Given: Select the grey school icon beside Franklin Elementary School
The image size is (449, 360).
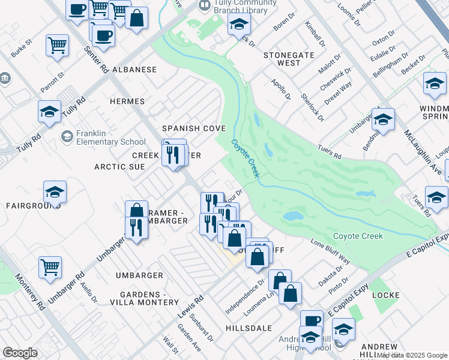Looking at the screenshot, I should (x=67, y=137).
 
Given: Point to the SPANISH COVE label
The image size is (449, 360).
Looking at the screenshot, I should (x=194, y=128).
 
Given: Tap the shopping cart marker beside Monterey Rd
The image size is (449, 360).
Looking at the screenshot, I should (x=50, y=266).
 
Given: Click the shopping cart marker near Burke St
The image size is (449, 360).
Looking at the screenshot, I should (x=57, y=44).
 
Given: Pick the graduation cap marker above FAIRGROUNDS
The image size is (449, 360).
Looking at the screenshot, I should (x=55, y=193).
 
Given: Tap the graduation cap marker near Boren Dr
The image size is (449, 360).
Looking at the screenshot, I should (x=238, y=25).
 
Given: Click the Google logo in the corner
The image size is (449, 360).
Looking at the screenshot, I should (x=20, y=352).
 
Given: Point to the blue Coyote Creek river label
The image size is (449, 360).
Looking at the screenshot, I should (x=246, y=158).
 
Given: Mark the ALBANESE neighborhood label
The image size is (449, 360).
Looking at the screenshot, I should (x=133, y=70).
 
